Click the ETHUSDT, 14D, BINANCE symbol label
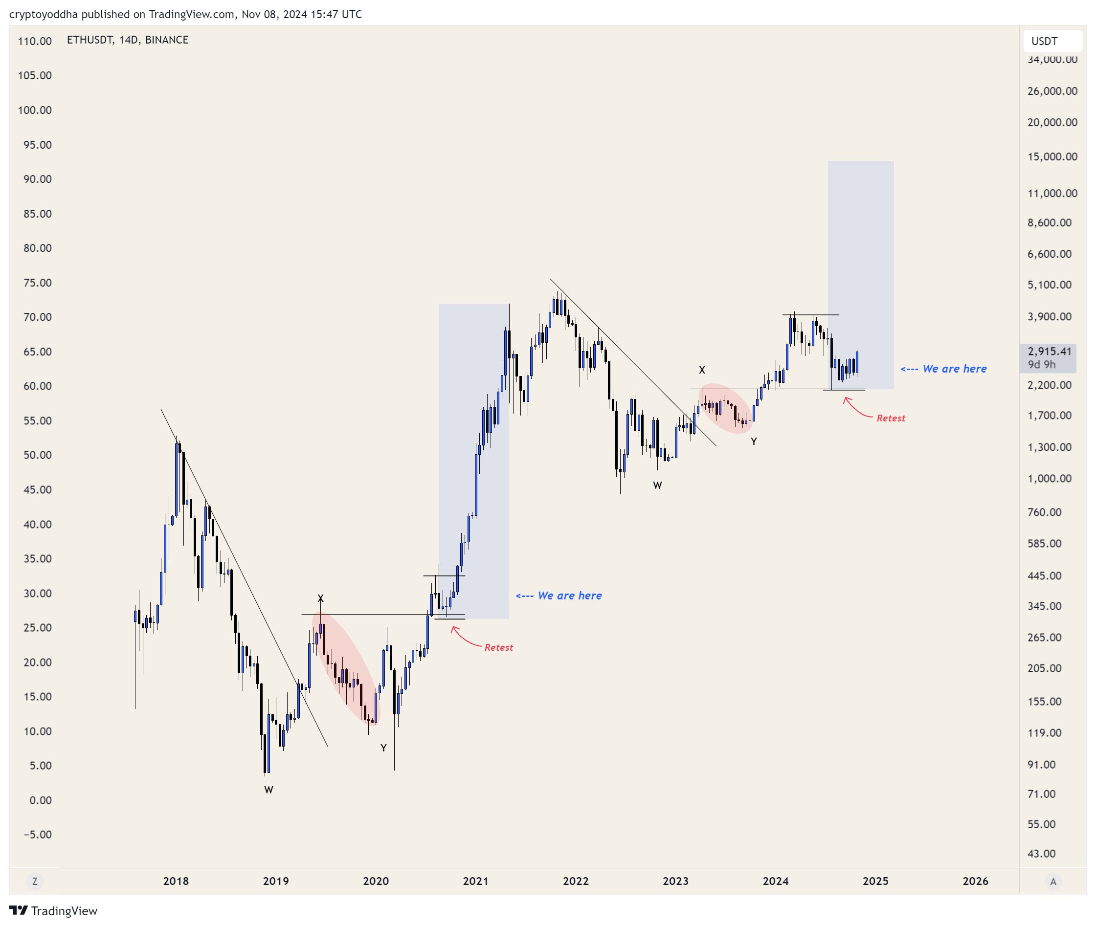point(127,40)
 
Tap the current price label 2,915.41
point(1049,352)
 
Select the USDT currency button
point(1051,41)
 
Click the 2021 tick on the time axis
point(475,881)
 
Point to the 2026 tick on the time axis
point(975,881)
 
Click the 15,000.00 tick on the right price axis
point(1052,156)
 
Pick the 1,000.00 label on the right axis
point(1049,479)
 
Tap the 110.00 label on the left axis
point(35,41)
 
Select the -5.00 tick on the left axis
point(37,835)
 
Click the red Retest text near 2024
point(891,419)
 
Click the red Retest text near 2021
point(498,647)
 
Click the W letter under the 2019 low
point(268,790)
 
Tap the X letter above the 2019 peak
point(321,598)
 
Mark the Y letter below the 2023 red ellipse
point(753,441)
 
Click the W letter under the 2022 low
point(657,486)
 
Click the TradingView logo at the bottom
point(53,911)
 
